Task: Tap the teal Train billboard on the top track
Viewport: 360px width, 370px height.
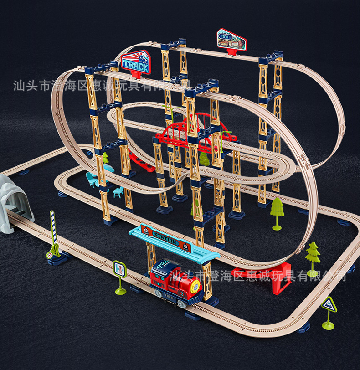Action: (231, 41)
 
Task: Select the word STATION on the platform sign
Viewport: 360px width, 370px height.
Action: (166, 238)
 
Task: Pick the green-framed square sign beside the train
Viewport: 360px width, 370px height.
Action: (120, 268)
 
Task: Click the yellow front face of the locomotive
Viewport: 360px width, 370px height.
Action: (195, 287)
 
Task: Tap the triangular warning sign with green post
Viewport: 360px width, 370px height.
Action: (329, 304)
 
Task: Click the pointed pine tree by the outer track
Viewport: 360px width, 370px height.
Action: (313, 253)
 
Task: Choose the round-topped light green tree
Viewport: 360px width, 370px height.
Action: (277, 207)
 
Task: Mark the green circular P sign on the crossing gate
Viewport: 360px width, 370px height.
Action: (50, 255)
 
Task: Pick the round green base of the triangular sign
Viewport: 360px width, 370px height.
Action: (328, 325)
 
